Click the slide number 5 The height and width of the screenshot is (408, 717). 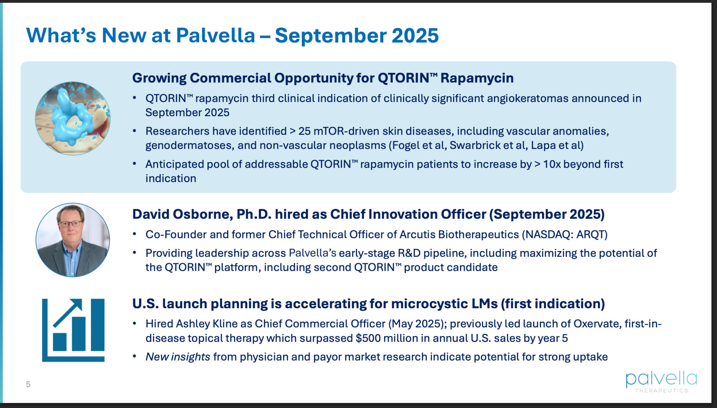28,384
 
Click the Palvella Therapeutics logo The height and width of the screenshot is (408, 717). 661,382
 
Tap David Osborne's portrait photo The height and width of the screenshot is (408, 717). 73,240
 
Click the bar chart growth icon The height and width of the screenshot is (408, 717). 73,330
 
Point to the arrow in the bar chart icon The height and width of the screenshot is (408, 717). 68,312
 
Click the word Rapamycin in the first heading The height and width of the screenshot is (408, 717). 477,78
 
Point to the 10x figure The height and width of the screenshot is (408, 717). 552,164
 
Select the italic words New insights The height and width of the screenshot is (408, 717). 178,357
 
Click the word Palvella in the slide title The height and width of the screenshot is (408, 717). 216,35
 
